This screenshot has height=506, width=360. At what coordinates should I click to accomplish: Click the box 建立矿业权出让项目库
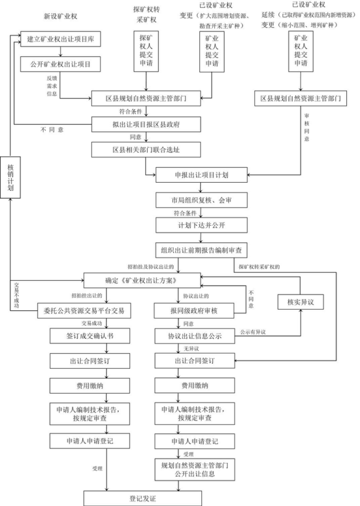[60, 38]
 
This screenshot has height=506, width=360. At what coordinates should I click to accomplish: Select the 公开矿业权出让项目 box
[60, 64]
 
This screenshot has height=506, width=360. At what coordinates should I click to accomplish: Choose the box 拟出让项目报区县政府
[146, 123]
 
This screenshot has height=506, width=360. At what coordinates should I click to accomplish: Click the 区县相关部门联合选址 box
[146, 149]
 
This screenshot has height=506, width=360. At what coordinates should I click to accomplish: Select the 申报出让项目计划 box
[201, 175]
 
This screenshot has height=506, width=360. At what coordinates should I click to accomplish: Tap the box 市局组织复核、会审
[201, 200]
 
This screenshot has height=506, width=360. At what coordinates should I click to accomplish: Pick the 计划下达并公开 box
[201, 225]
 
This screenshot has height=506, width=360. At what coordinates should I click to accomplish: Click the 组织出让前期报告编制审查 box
[201, 250]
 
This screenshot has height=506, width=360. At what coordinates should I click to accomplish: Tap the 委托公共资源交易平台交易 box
[84, 310]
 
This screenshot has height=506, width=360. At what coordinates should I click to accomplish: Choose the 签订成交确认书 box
[84, 334]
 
